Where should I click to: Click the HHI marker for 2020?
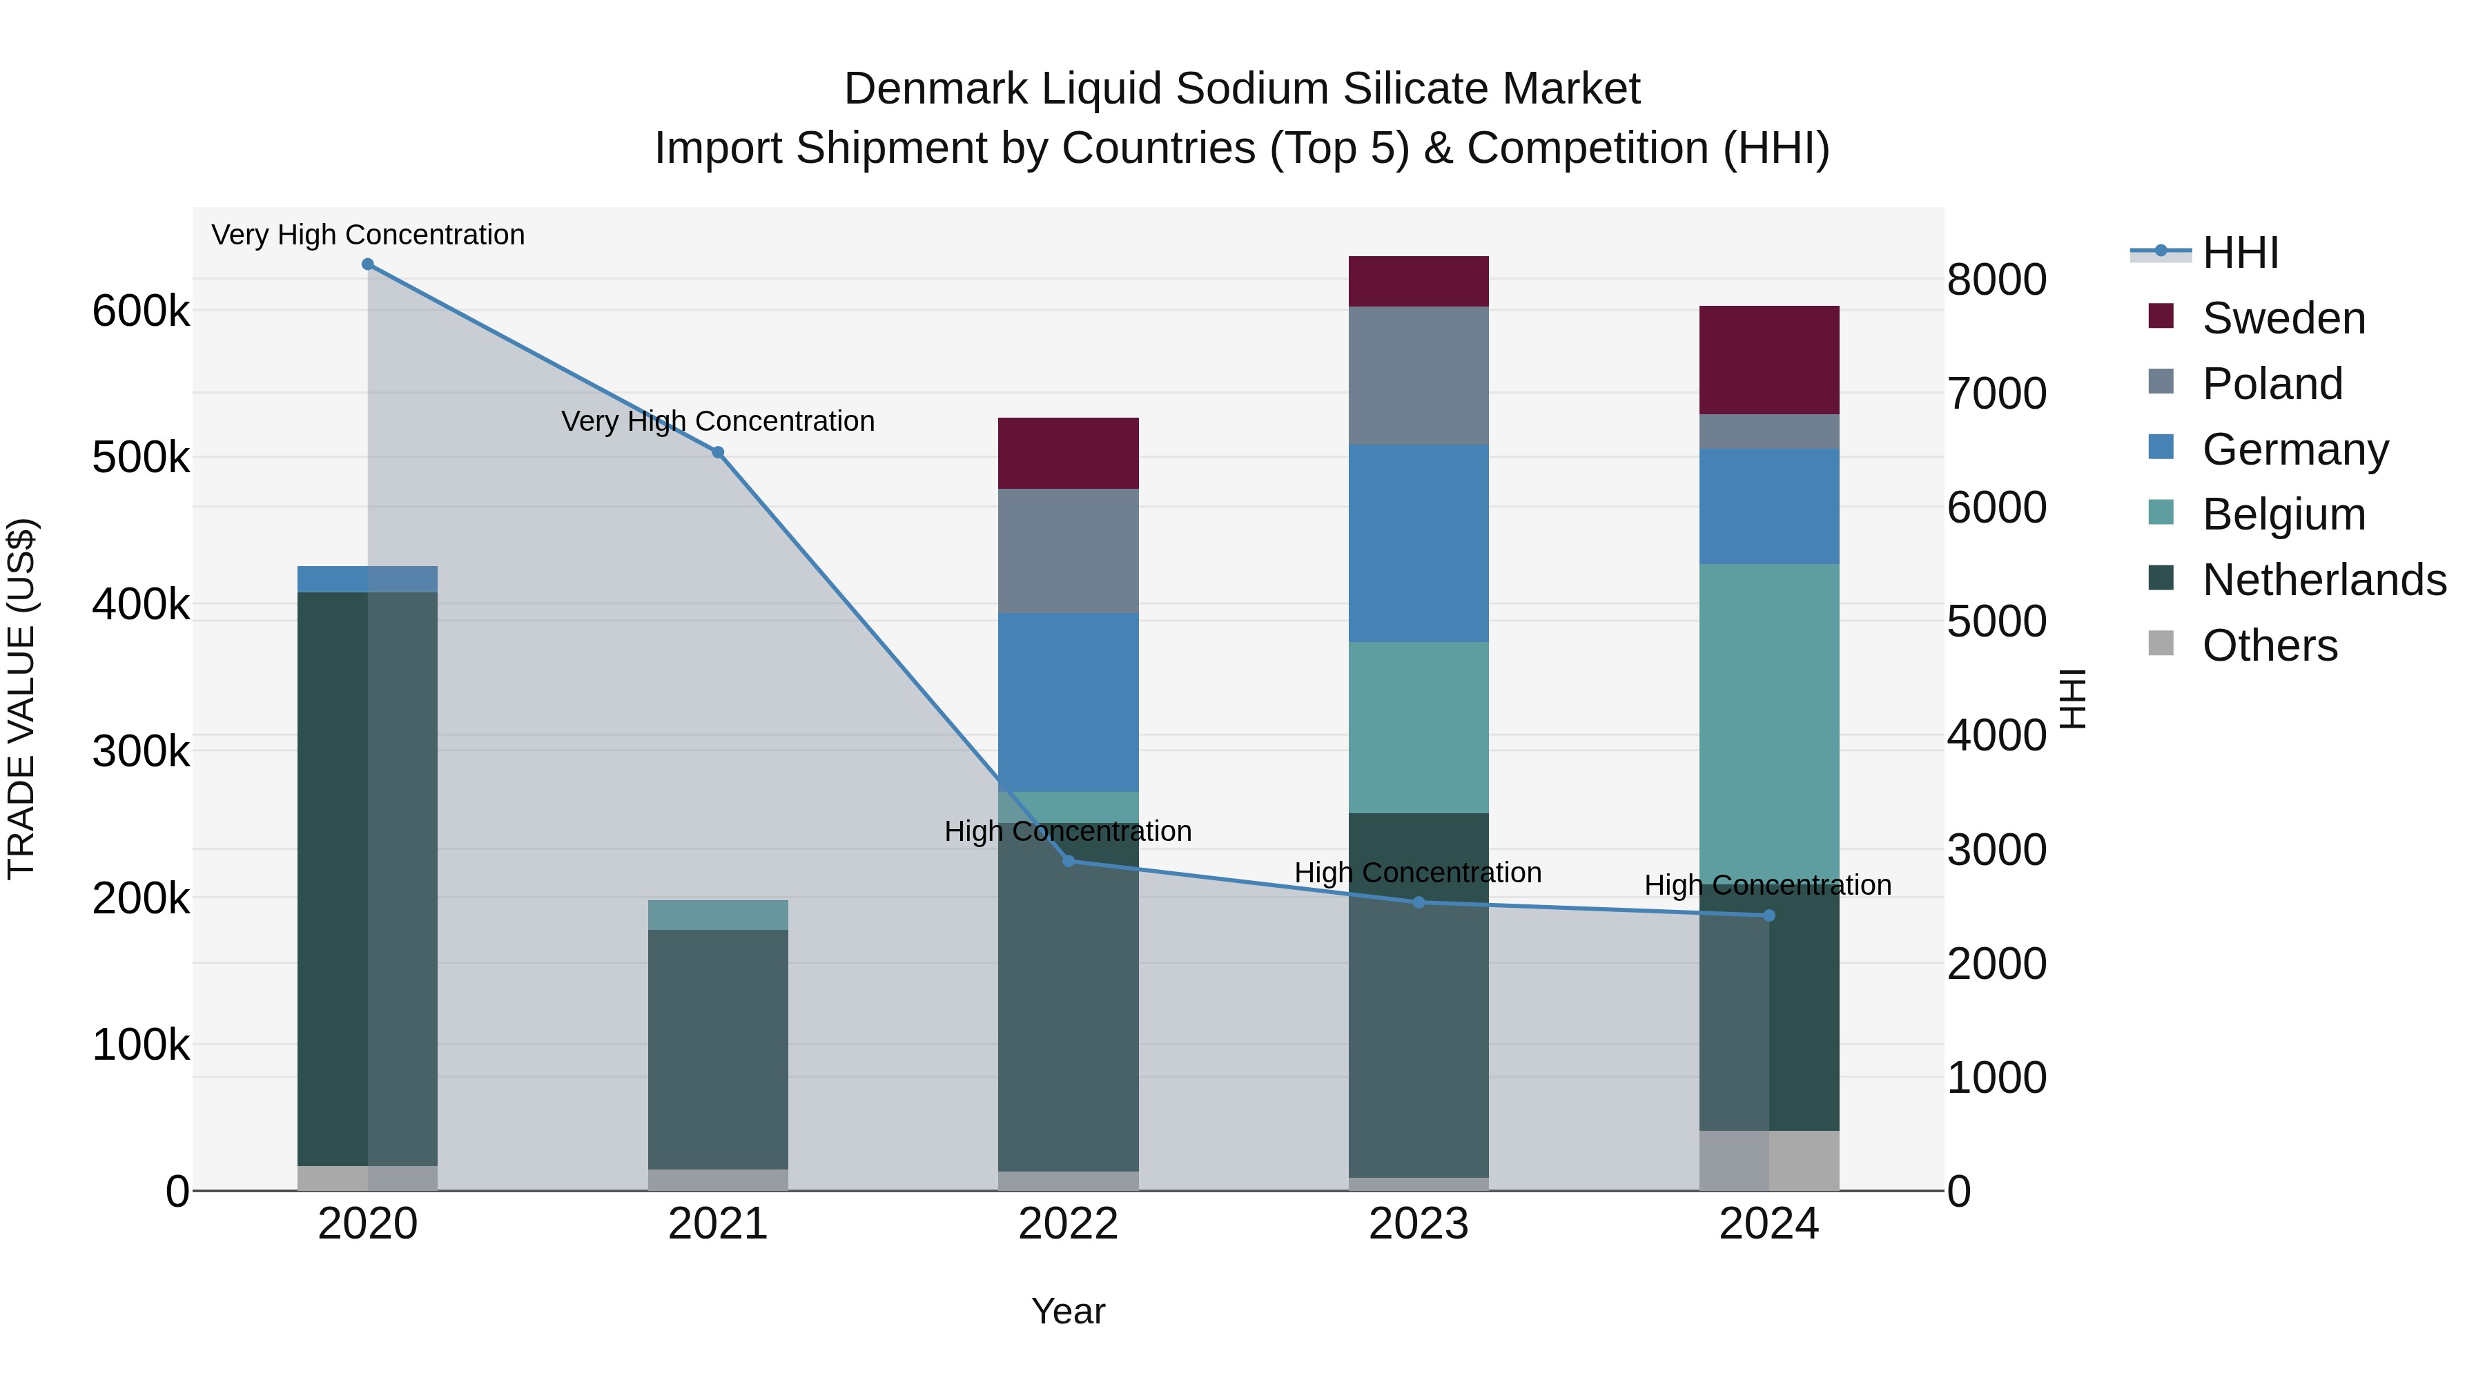click(x=367, y=264)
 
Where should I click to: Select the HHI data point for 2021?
click(x=718, y=452)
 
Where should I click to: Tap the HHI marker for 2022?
click(x=1068, y=861)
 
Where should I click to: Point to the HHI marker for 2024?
click(x=1769, y=915)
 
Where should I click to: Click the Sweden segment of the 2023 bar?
click(x=1418, y=282)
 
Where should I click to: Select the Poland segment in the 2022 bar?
click(x=1068, y=551)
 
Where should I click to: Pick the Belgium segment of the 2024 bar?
click(x=1769, y=724)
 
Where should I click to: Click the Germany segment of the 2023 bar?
click(x=1418, y=543)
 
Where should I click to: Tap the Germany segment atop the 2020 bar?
click(x=367, y=579)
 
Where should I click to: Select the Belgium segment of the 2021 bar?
click(x=718, y=915)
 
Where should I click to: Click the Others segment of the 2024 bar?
click(x=1769, y=1161)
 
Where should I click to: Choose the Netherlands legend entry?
click(x=2323, y=580)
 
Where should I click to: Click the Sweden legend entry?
click(x=2283, y=318)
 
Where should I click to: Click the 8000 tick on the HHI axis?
click(x=1996, y=280)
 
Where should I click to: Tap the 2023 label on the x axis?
click(x=1418, y=1224)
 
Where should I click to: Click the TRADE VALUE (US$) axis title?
click(x=21, y=699)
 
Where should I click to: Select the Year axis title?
click(x=1068, y=1311)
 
